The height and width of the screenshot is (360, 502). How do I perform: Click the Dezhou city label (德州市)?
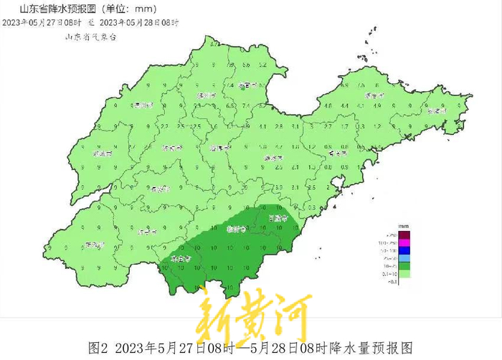[x=143, y=105]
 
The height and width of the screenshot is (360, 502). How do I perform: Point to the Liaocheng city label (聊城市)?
[x=103, y=153]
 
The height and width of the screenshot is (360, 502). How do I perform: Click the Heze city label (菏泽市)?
[x=93, y=245]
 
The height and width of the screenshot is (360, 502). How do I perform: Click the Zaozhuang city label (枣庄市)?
[x=180, y=258]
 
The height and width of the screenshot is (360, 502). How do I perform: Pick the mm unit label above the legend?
[x=404, y=226]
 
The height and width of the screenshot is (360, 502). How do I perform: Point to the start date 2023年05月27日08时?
[x=37, y=23]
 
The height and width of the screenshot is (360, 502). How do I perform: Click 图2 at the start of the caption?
[x=98, y=348]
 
